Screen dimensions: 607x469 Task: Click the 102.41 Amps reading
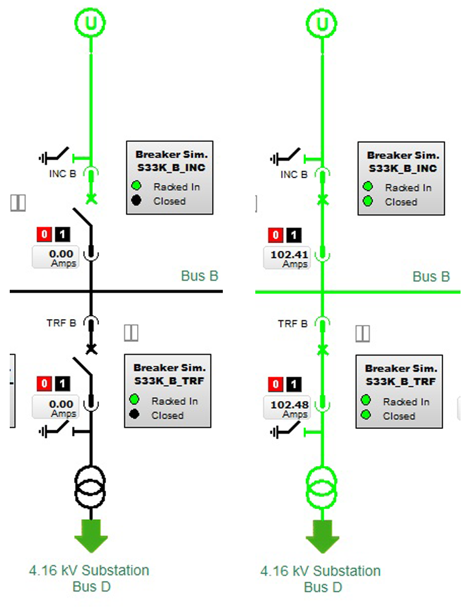pyautogui.click(x=286, y=258)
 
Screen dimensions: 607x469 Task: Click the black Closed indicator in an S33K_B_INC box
pyautogui.click(x=136, y=201)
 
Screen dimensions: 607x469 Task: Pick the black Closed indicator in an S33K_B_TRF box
pyautogui.click(x=134, y=415)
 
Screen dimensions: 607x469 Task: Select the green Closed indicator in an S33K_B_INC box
pyautogui.click(x=368, y=201)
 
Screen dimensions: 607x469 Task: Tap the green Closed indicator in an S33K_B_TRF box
pyautogui.click(x=366, y=415)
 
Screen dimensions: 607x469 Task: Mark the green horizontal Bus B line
pyautogui.click(x=390, y=292)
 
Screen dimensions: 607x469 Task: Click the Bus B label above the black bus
pyautogui.click(x=199, y=276)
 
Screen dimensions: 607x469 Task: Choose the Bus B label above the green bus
pyautogui.click(x=431, y=277)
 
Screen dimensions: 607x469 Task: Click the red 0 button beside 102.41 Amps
pyautogui.click(x=277, y=235)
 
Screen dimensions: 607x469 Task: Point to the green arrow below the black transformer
pyautogui.click(x=91, y=534)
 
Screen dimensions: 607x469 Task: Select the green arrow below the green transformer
pyautogui.click(x=322, y=534)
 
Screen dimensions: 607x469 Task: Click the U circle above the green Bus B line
pyautogui.click(x=322, y=24)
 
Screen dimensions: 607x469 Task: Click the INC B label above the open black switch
pyautogui.click(x=62, y=174)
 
